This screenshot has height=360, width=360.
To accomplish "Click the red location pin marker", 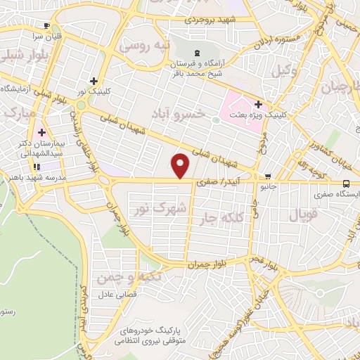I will click(x=181, y=165).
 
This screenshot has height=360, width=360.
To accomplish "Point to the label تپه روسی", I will click(x=146, y=47).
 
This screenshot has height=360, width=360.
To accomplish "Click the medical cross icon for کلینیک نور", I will click(x=94, y=81).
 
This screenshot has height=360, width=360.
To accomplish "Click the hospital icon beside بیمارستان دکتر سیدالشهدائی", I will click(x=41, y=132).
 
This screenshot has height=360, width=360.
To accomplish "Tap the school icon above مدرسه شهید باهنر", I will click(x=36, y=167).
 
